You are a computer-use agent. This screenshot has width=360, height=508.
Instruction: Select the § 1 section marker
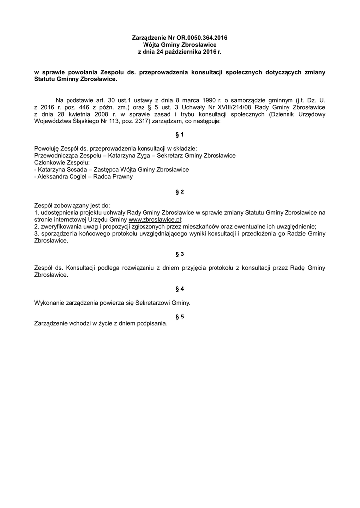180,134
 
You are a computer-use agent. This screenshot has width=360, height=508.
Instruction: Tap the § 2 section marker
180,191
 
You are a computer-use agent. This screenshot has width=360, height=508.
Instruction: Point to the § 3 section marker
180,254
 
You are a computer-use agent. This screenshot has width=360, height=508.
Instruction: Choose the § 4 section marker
180,288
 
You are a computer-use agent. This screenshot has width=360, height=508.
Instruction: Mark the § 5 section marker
180,317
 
